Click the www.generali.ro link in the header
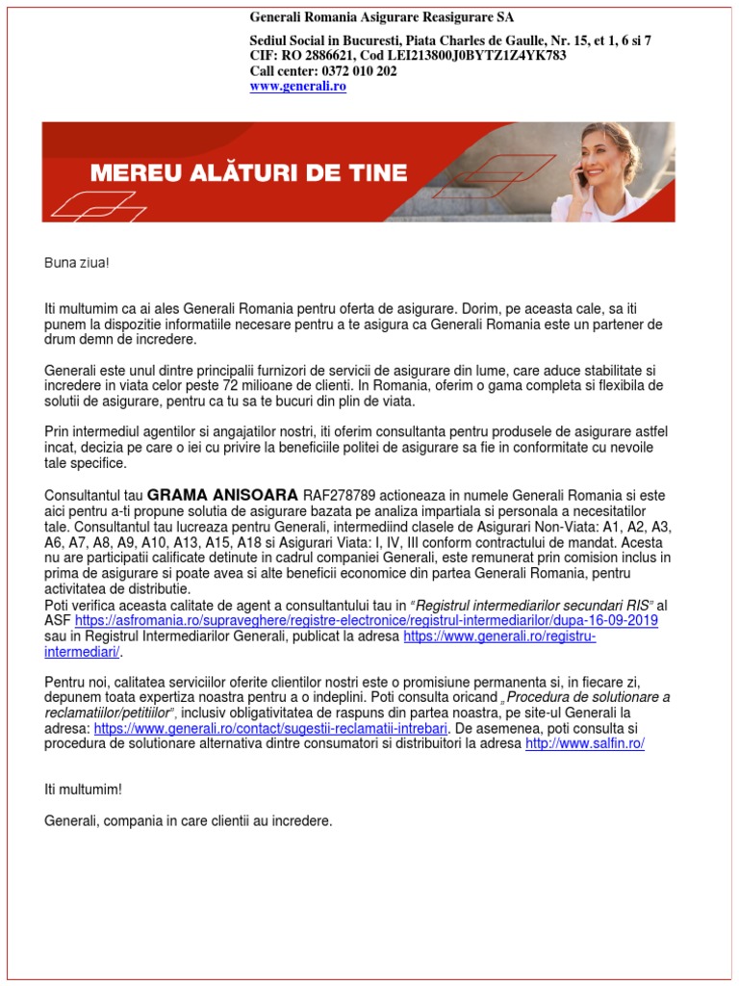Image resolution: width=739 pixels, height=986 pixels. pos(297,86)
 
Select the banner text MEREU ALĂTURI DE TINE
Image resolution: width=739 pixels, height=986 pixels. pos(248,173)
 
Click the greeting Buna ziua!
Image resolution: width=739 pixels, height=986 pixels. pos(70,263)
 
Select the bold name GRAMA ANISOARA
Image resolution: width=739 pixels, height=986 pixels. pos(222,495)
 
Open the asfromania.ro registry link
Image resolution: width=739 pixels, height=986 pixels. pos(366,621)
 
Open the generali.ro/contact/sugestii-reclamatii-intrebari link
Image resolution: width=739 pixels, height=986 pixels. pos(270,728)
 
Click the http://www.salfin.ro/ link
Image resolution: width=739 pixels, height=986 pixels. pos(584,743)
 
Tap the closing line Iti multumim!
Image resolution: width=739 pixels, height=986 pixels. pos(84,790)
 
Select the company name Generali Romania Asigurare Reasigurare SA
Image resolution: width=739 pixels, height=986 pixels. pos(381,17)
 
